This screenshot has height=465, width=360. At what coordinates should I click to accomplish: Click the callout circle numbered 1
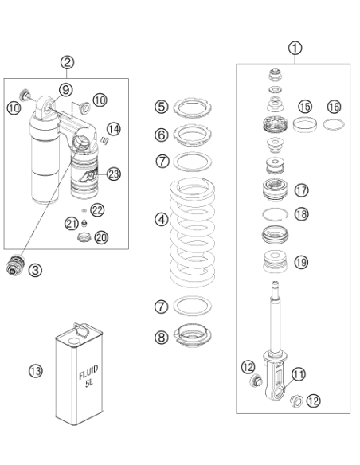point(295,48)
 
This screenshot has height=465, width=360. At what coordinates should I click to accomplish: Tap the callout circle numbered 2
point(68,62)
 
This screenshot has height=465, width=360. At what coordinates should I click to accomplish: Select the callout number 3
point(35,270)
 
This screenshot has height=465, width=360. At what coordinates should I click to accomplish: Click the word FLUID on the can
point(88,373)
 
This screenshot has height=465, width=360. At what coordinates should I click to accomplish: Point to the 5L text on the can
point(89,383)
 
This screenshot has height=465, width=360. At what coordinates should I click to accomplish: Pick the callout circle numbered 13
point(36,371)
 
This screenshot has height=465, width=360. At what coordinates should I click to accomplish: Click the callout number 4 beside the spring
point(162,220)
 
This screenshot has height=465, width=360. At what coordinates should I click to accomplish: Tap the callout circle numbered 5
point(162,107)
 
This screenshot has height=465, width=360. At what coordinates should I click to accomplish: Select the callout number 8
point(162,337)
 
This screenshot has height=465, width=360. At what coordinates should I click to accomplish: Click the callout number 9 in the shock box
point(66,89)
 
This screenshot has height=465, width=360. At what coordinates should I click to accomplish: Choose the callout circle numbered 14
point(114,129)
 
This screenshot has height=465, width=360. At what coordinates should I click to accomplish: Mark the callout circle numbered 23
point(114,174)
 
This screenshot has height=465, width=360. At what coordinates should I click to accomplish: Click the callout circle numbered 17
point(302,190)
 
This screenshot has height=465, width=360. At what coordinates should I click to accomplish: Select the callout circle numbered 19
point(302,262)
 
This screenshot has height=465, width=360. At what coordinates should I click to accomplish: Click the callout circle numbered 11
point(299,374)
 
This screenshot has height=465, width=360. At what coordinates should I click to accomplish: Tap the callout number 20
point(101,237)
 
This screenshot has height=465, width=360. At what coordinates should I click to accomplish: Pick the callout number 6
point(162,135)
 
